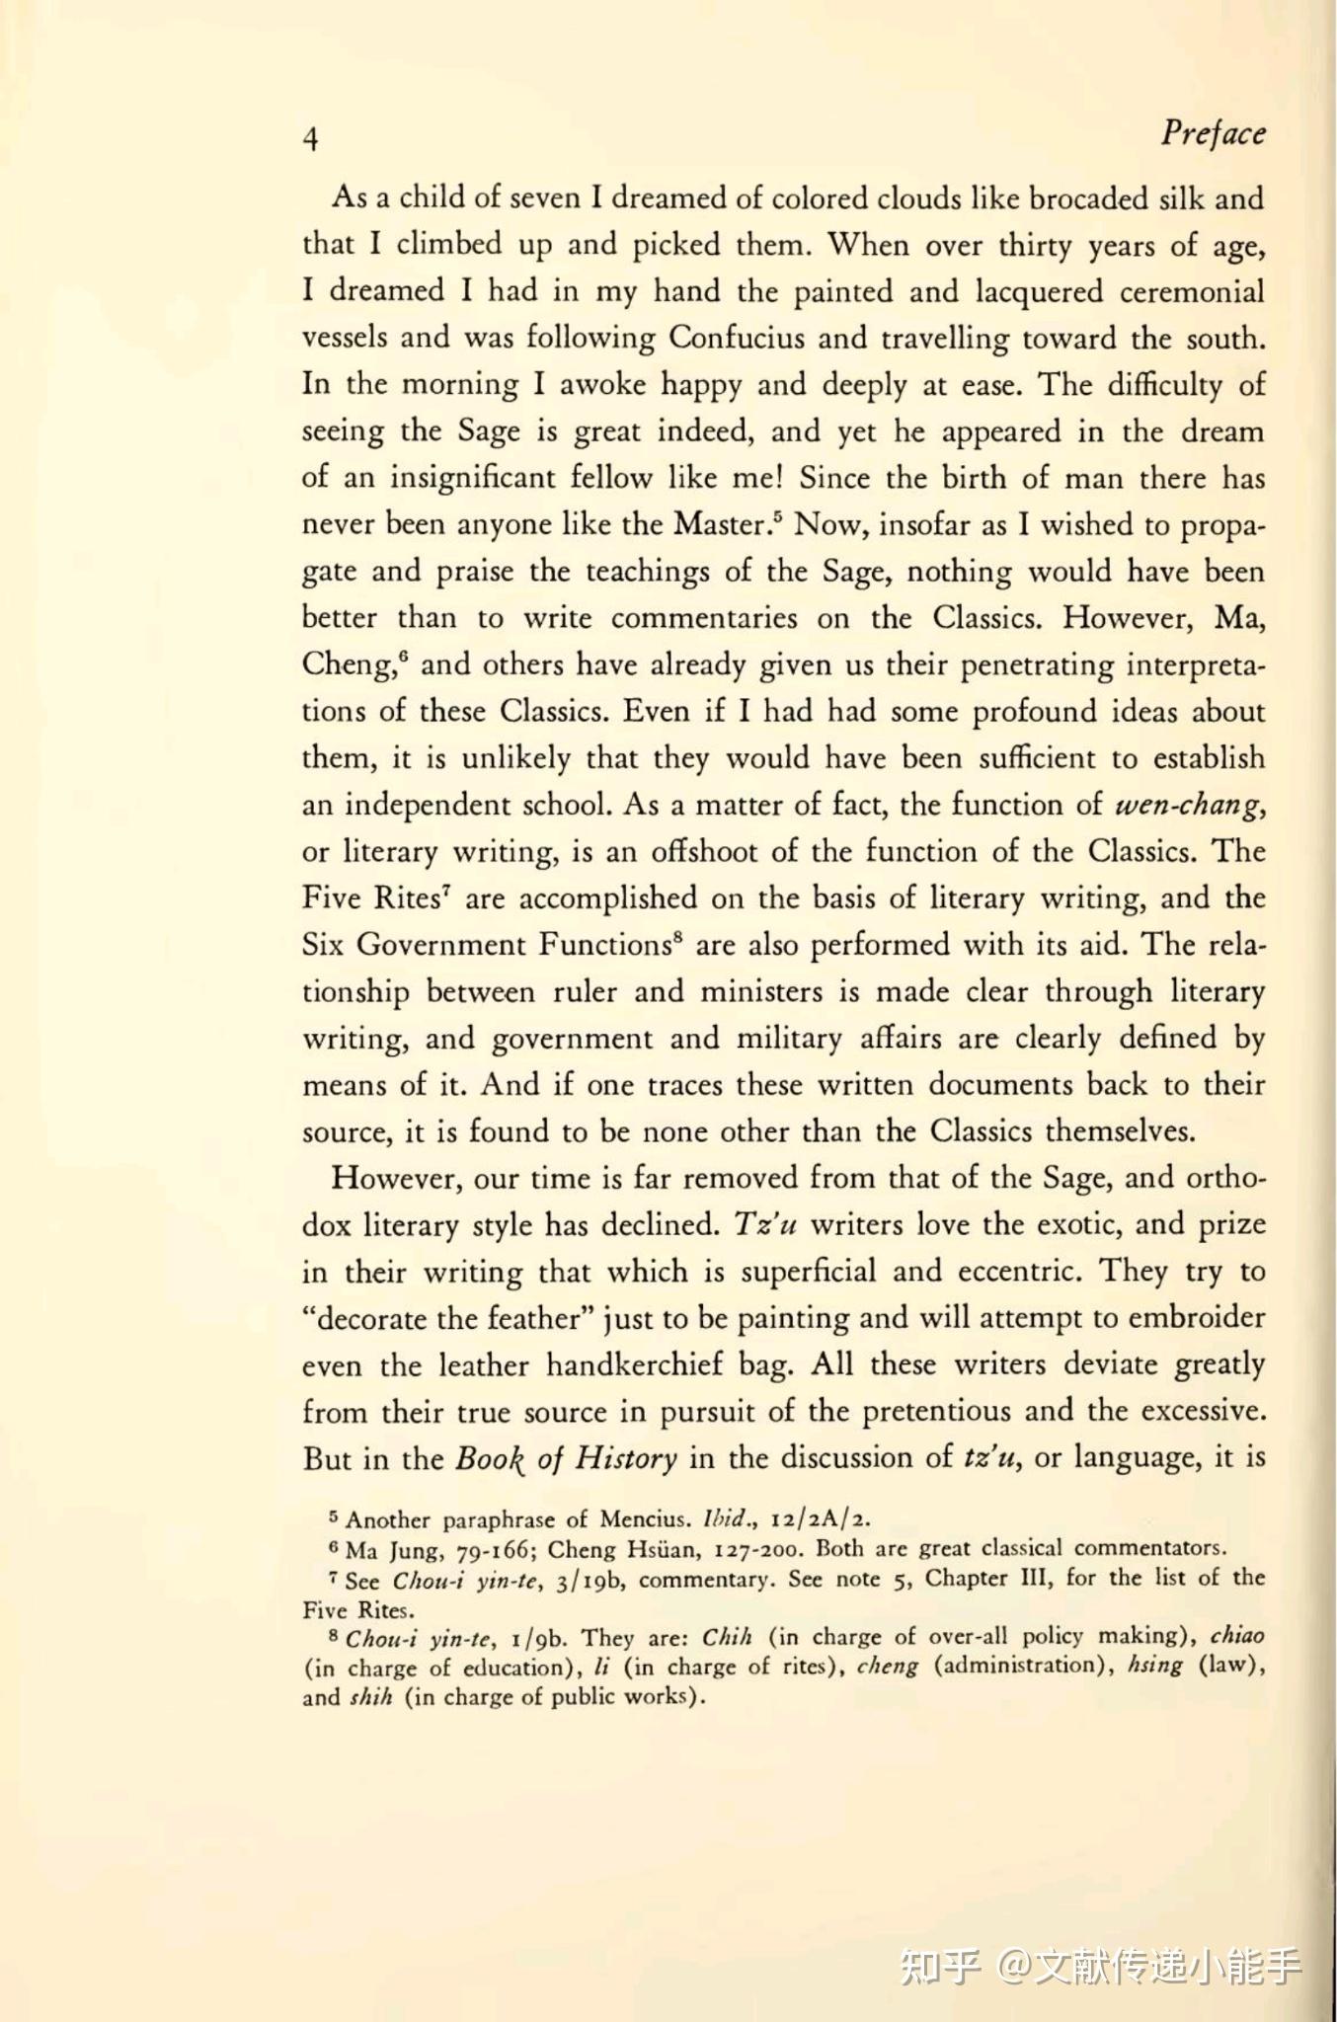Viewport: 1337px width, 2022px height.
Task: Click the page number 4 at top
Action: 311,138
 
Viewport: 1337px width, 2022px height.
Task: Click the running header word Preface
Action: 1212,133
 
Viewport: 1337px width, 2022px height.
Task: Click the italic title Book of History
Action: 566,1458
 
